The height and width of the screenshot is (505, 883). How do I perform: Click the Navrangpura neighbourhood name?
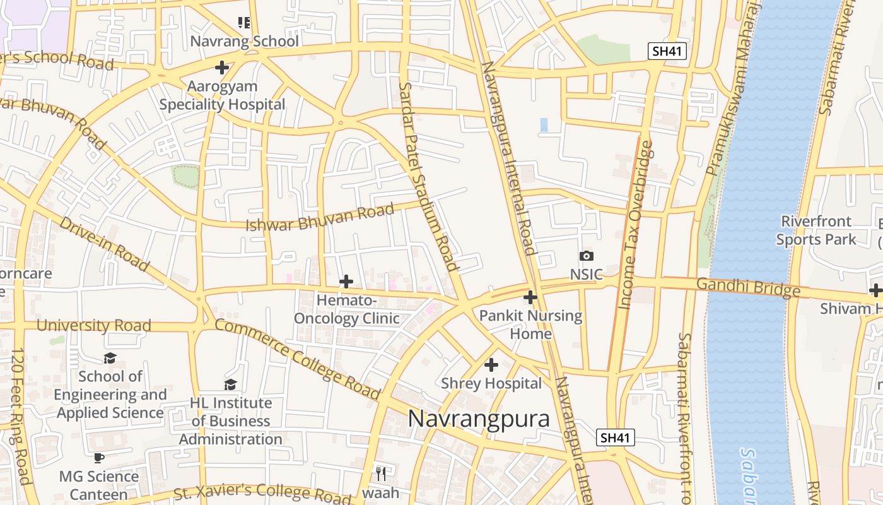479,419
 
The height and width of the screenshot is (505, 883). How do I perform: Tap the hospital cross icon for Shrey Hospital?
491,365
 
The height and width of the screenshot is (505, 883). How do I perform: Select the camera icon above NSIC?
587,256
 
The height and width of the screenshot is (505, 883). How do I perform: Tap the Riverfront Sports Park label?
816,230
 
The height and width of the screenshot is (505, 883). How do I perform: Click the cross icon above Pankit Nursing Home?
530,297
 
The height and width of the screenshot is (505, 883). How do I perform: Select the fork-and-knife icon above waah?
380,473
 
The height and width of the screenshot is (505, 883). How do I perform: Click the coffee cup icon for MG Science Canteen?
98,458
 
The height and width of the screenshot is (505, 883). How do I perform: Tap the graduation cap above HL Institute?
231,384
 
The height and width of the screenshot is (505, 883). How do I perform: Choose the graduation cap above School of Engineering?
110,358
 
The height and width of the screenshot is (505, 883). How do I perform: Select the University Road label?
94,326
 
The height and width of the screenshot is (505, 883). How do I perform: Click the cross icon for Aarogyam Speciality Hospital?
222,67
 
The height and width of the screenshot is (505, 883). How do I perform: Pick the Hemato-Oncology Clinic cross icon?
346,282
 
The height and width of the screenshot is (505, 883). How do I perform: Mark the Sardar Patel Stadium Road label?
428,177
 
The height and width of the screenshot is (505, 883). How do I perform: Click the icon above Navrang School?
244,23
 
